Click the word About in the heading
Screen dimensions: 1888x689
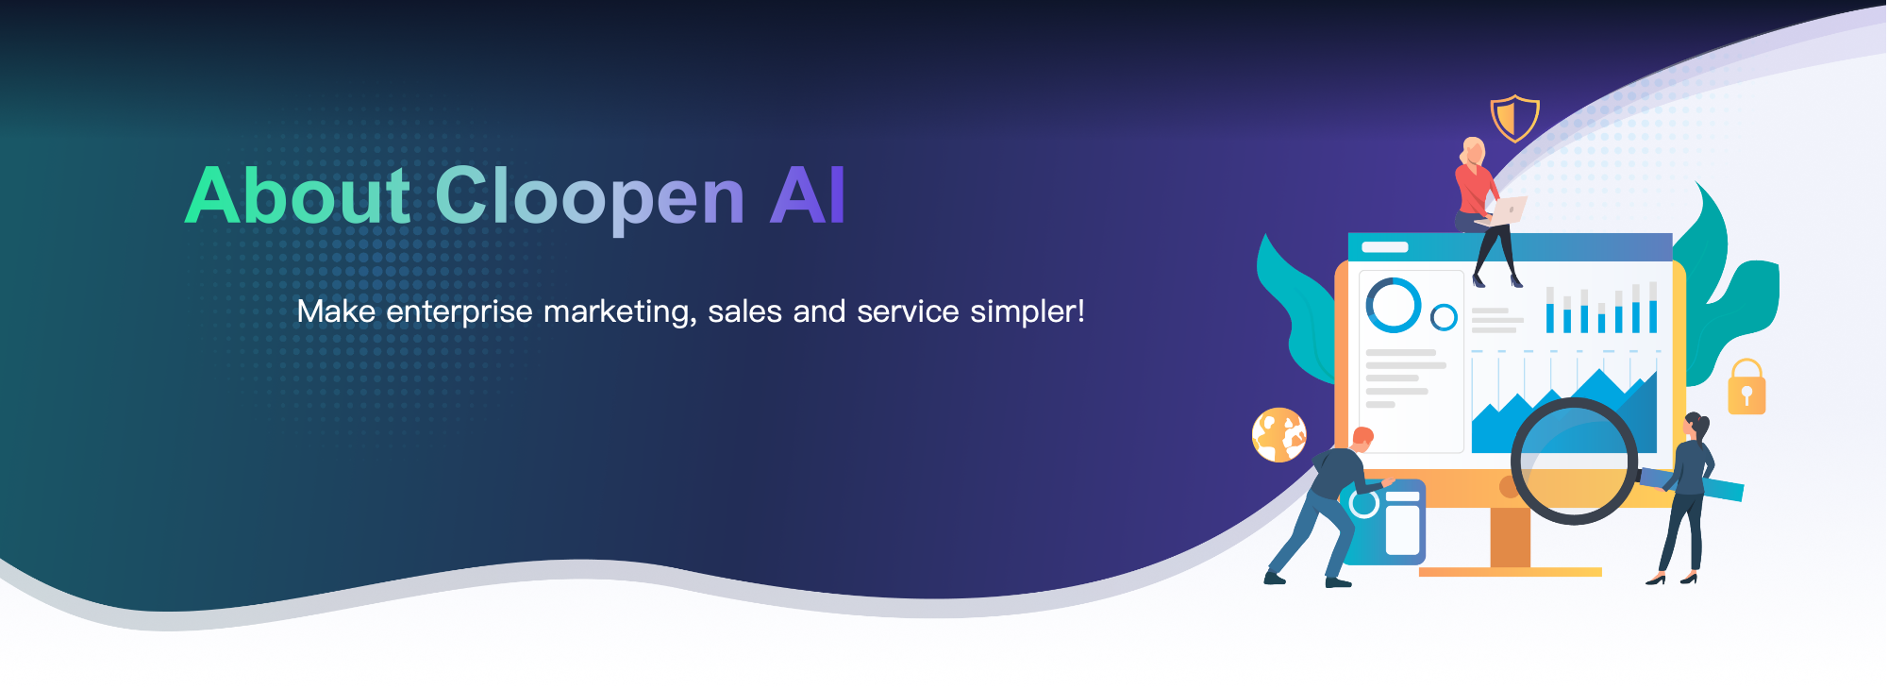(298, 195)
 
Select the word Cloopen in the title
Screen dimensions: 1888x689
(590, 198)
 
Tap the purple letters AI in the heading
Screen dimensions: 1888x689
(808, 195)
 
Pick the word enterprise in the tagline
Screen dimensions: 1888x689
(459, 311)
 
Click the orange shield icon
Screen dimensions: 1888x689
(1514, 118)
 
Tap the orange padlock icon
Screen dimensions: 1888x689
(1746, 387)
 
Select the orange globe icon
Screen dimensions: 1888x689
(1279, 435)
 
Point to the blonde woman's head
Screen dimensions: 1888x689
(1473, 151)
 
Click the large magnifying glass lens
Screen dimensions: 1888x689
(1574, 461)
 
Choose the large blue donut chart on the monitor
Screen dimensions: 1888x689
(1394, 304)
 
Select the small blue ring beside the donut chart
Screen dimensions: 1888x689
(1444, 317)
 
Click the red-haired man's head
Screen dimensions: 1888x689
(1362, 438)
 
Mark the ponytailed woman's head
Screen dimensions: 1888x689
(1696, 426)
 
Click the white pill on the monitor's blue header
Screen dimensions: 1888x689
(1385, 247)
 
